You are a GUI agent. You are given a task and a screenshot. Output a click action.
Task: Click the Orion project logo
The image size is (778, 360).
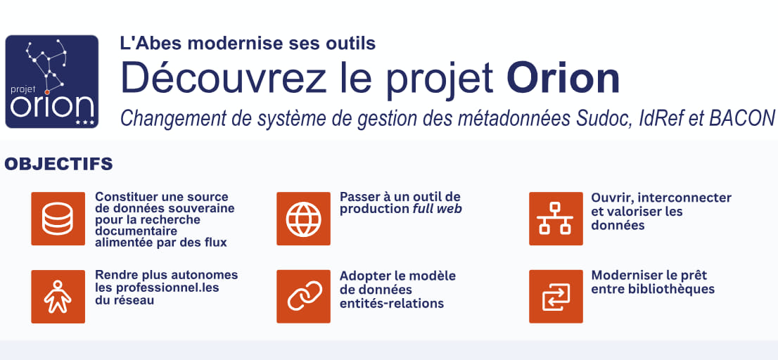coord(51,82)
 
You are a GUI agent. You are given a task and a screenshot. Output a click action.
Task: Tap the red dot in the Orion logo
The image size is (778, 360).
coord(46,92)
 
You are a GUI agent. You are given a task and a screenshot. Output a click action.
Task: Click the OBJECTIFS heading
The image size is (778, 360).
coord(58,164)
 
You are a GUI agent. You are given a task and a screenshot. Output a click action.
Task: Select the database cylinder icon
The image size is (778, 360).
coord(58,219)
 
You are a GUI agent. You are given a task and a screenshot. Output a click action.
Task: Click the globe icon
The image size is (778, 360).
coord(303,219)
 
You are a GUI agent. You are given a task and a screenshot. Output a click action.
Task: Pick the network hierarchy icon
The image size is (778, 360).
coord(556,219)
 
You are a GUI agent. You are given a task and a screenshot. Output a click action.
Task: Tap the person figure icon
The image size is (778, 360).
coord(58,297)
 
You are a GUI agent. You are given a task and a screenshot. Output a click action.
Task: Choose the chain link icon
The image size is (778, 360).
coord(303,297)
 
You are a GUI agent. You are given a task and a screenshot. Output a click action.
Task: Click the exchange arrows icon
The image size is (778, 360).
coord(556,297)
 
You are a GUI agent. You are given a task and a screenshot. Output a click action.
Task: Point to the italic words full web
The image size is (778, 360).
coord(437,209)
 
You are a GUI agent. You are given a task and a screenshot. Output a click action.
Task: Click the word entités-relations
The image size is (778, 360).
coord(392,304)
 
